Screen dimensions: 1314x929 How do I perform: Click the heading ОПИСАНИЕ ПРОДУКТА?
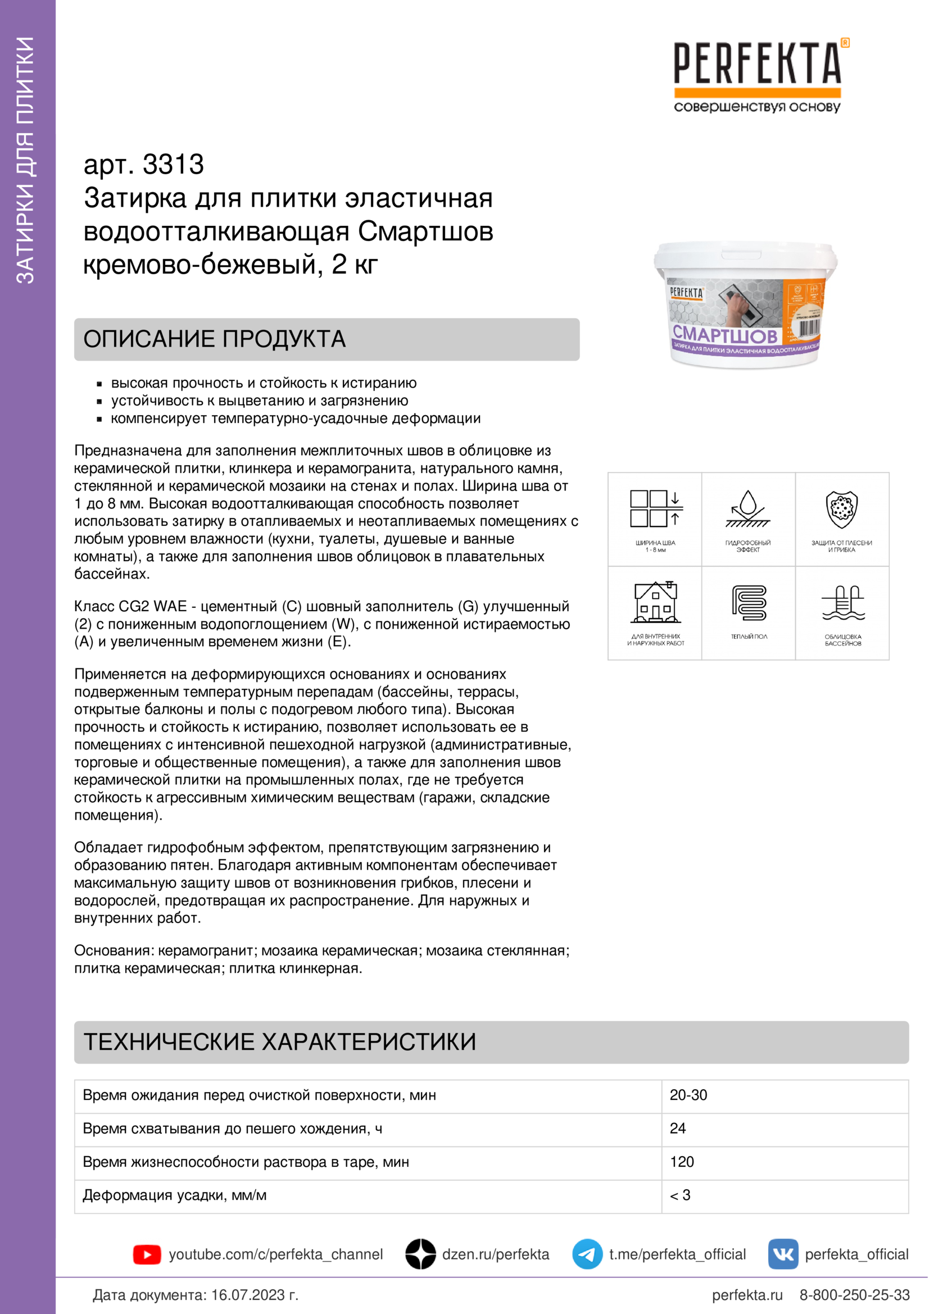pyautogui.click(x=215, y=339)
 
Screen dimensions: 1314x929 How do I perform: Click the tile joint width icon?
pyautogui.click(x=655, y=509)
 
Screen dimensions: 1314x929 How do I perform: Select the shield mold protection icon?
pyautogui.click(x=841, y=509)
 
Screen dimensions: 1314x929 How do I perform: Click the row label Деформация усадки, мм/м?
pyautogui.click(x=175, y=1195)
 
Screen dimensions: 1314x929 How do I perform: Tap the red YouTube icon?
pyautogui.click(x=147, y=1254)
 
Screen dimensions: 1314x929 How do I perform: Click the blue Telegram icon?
pyautogui.click(x=587, y=1254)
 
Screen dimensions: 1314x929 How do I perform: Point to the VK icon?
pyautogui.click(x=782, y=1254)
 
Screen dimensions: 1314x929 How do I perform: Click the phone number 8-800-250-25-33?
pyautogui.click(x=854, y=1295)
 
